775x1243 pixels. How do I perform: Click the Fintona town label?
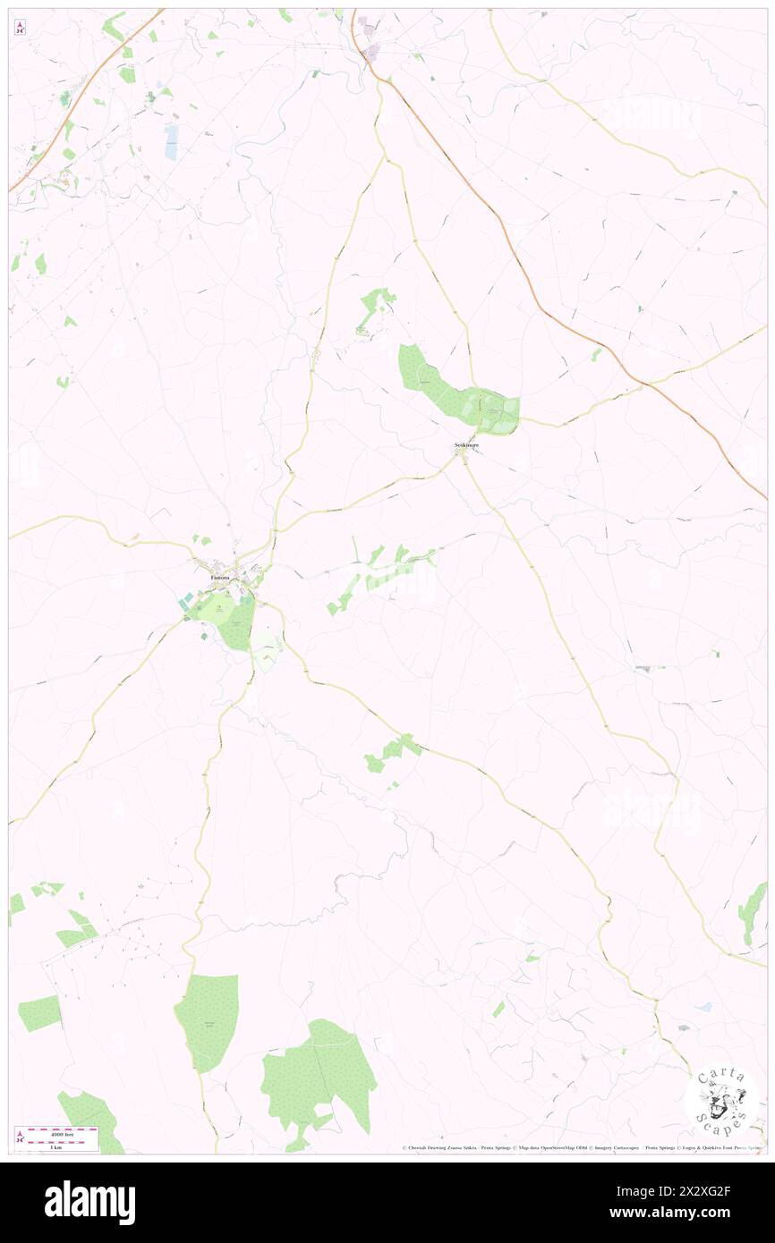pyautogui.click(x=219, y=578)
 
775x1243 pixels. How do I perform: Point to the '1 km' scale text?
pyautogui.click(x=55, y=1146)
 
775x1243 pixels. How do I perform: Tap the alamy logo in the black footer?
pyautogui.click(x=89, y=1202)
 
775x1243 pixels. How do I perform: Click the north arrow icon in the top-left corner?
pyautogui.click(x=20, y=27)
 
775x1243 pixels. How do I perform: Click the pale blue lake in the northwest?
pyautogui.click(x=171, y=140)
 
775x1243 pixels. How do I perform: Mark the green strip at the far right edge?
pyautogui.click(x=752, y=912)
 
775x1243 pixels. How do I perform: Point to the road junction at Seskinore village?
pyautogui.click(x=464, y=457)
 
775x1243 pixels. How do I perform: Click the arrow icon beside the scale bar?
pyautogui.click(x=20, y=1137)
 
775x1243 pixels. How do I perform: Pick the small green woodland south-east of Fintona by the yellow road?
pyautogui.click(x=392, y=752)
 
